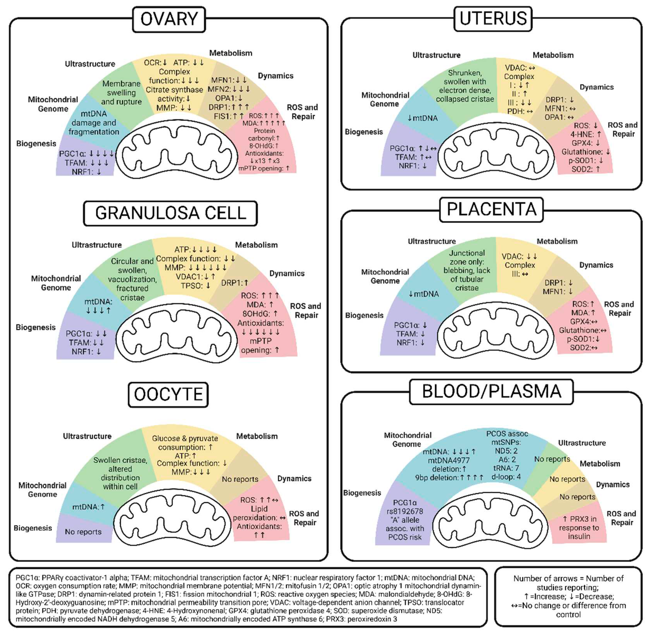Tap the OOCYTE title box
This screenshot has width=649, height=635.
click(168, 394)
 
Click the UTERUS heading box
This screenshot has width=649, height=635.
click(493, 19)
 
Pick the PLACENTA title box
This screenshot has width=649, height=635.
click(491, 209)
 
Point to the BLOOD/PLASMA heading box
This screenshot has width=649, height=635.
click(491, 391)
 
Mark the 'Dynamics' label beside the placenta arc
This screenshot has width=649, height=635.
click(596, 265)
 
